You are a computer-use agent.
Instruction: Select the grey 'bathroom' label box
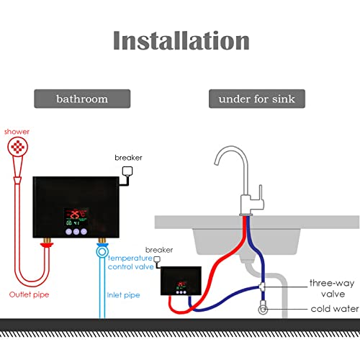point(82,99)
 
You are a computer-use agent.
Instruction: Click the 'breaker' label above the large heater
point(128,157)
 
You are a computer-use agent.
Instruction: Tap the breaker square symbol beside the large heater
point(128,171)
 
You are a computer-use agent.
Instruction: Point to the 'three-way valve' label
point(333,288)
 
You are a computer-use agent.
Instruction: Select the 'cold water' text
point(333,310)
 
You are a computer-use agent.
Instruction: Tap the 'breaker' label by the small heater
point(159,250)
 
